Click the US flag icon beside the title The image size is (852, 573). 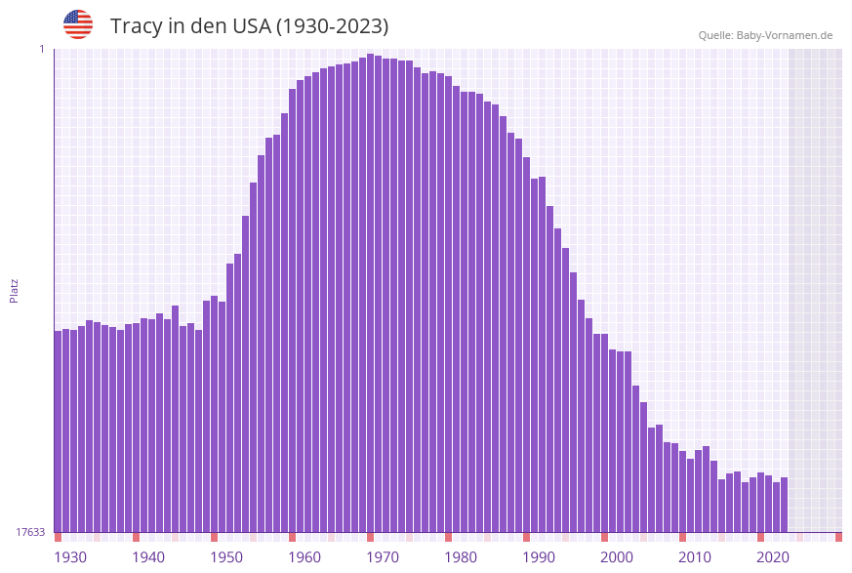coord(78,24)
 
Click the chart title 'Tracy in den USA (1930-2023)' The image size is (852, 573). coord(249,26)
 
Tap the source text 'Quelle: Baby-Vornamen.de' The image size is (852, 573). coord(765,35)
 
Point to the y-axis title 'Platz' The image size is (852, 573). coord(15,290)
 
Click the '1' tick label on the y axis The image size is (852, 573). coord(41,49)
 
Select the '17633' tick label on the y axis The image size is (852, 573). coord(30,532)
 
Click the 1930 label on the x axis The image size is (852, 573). coord(69,557)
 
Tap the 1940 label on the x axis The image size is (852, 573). coord(148,557)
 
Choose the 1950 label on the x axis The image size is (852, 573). coord(226,557)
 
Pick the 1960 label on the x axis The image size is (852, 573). coord(304,557)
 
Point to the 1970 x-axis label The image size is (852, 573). coord(383,557)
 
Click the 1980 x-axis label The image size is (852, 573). coord(461,557)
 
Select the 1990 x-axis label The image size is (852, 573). coord(539,557)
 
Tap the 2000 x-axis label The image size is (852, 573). coord(617,557)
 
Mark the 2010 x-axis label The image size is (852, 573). coord(695,557)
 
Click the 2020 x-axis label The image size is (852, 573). coord(773,557)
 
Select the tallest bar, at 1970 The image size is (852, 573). coord(371,293)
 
